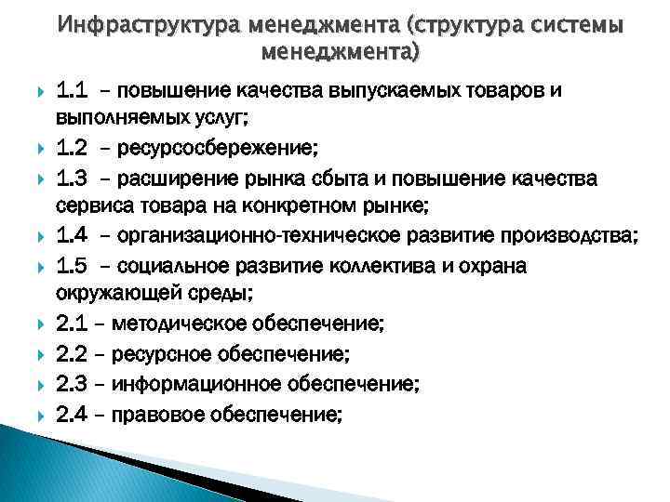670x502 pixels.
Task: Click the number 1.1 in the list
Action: point(72,91)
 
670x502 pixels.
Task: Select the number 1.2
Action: point(72,149)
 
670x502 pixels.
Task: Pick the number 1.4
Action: point(72,236)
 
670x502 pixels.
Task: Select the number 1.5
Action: point(72,266)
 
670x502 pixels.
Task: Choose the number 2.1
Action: point(72,324)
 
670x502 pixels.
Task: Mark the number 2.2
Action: point(72,353)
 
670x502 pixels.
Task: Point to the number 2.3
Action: point(72,383)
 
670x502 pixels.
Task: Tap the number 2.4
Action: point(72,412)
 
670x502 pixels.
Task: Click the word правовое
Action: point(153,412)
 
